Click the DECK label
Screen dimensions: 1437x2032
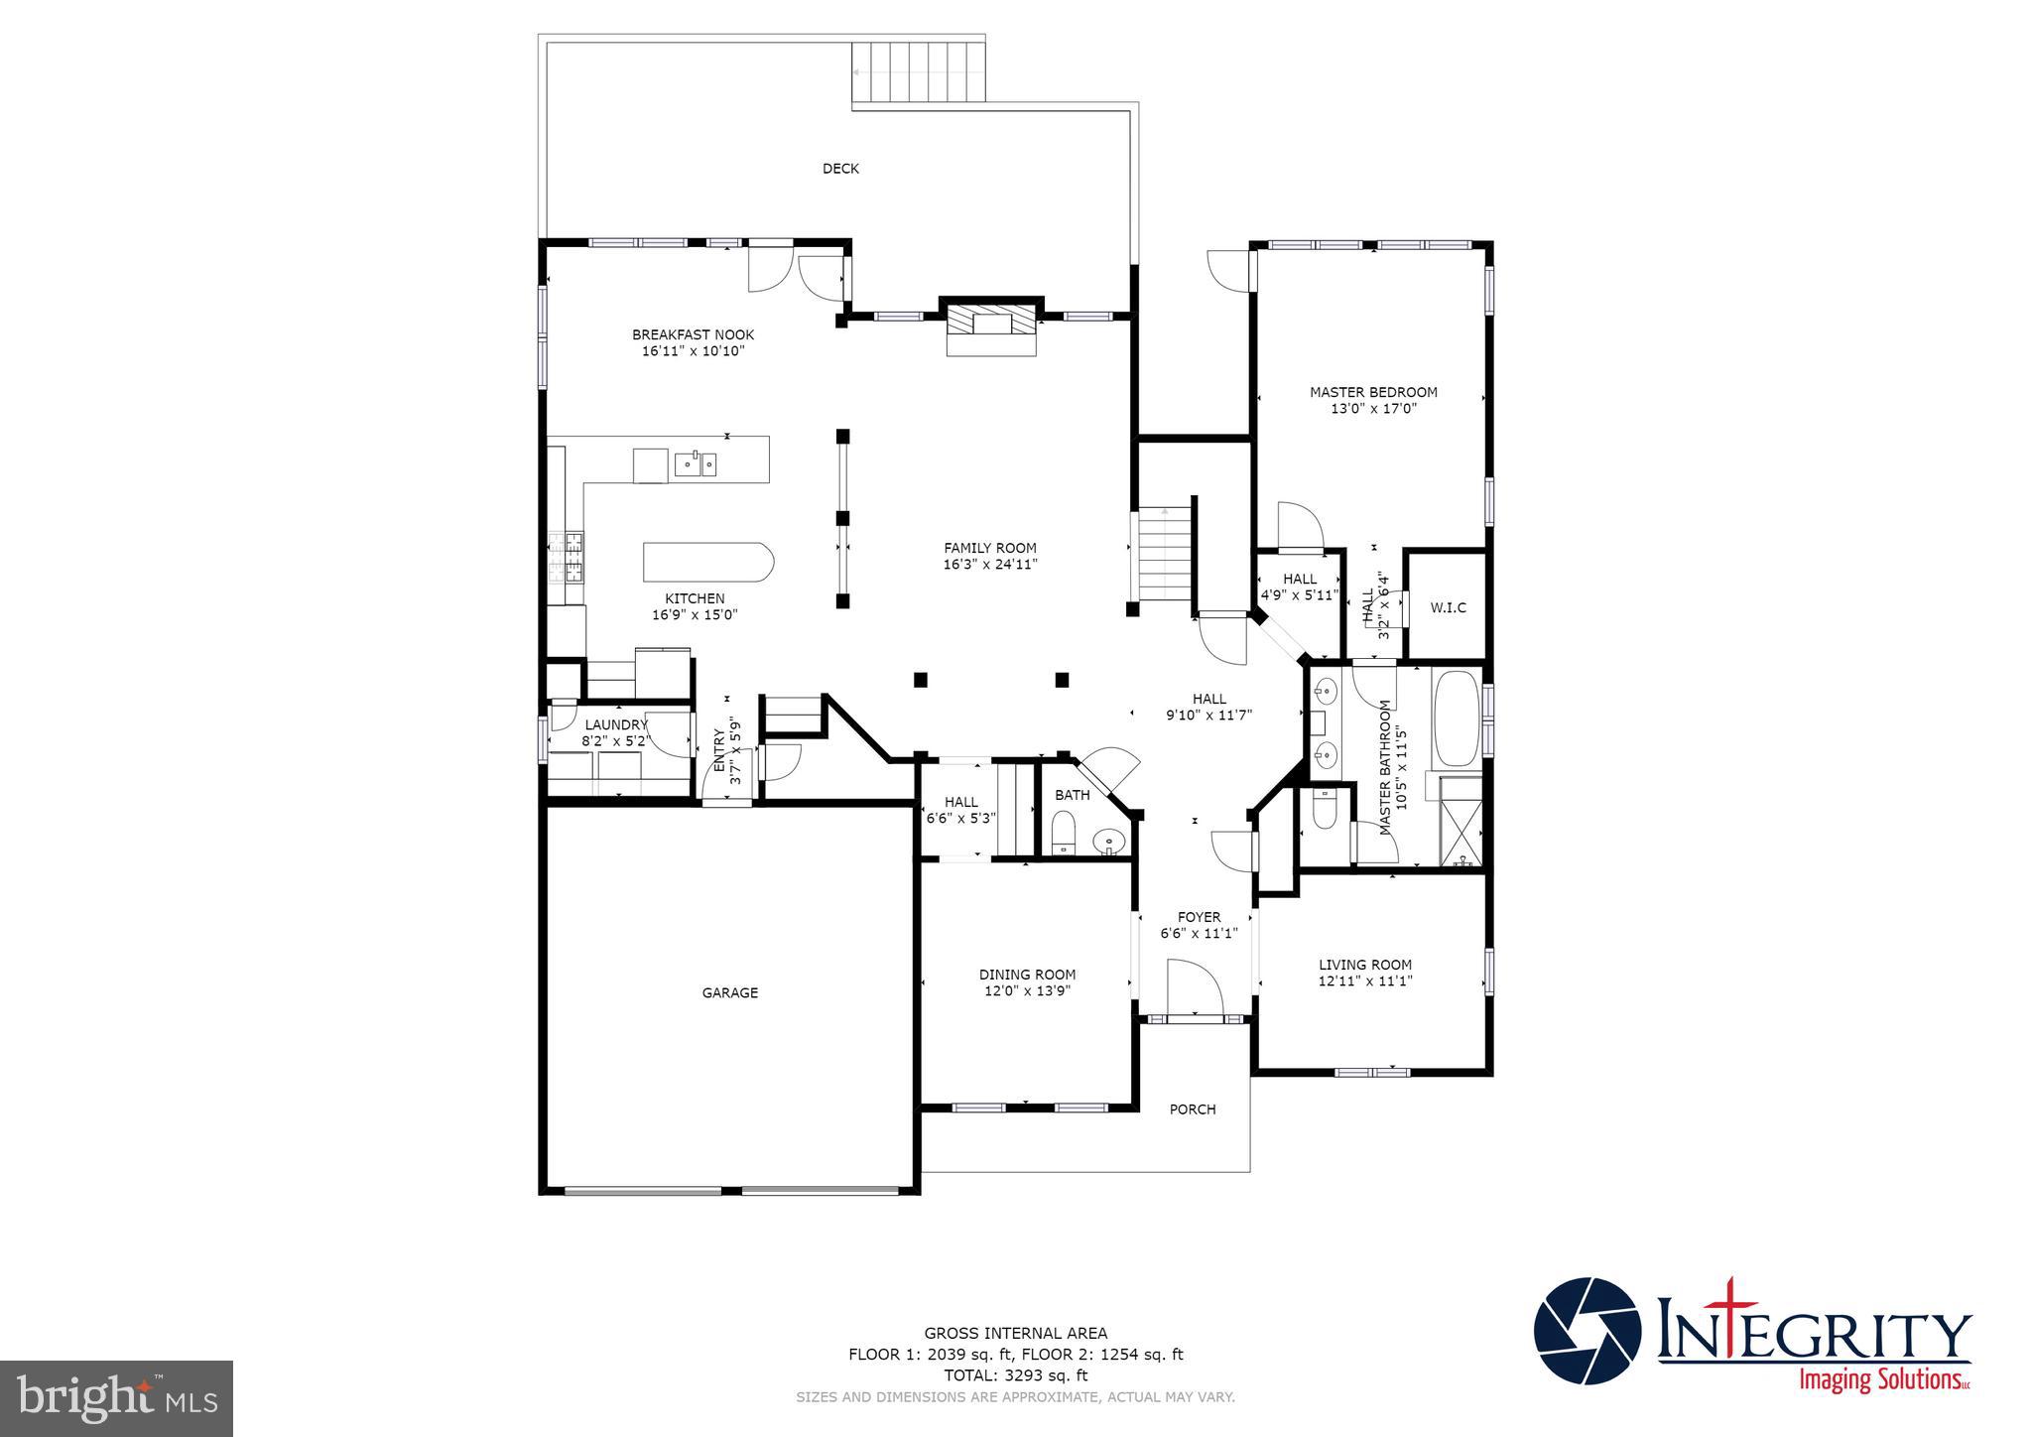coord(840,169)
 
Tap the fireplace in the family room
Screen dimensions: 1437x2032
coord(990,327)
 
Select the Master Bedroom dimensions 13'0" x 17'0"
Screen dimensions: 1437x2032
coord(1373,408)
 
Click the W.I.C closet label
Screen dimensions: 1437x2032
coord(1448,607)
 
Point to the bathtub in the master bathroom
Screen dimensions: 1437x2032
coord(1456,718)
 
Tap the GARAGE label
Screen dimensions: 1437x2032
coord(730,992)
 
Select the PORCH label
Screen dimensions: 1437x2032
coord(1192,1110)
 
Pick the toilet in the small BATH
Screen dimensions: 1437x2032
coord(1063,832)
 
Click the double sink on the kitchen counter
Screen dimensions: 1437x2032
coord(696,463)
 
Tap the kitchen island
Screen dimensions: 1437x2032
coord(706,562)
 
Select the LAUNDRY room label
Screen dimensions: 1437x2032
coord(615,725)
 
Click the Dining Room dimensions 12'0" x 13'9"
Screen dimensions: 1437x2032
coord(1027,990)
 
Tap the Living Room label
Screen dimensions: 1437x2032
coord(1364,965)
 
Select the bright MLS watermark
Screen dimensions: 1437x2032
coord(117,1398)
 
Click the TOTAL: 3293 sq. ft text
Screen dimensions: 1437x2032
coord(1015,1375)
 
